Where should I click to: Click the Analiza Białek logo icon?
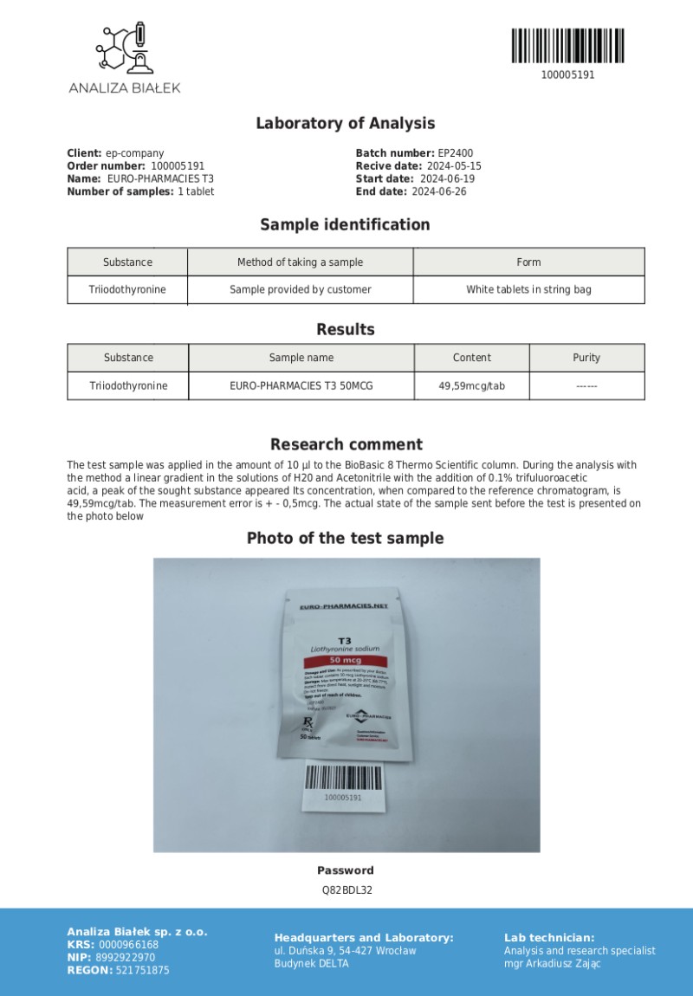click(x=124, y=49)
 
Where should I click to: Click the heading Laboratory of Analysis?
click(x=345, y=124)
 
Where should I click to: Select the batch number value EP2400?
click(x=456, y=153)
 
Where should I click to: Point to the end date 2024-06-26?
click(x=438, y=191)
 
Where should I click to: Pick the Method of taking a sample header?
click(x=300, y=262)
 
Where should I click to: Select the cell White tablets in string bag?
click(x=528, y=289)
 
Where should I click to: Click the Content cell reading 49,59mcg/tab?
click(x=471, y=385)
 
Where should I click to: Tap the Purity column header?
click(x=586, y=358)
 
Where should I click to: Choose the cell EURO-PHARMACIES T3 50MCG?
click(x=301, y=385)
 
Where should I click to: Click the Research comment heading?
click(x=346, y=444)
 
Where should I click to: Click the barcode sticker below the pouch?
click(x=343, y=785)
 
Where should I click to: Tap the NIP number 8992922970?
click(x=126, y=957)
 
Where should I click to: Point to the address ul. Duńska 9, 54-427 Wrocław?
click(x=345, y=950)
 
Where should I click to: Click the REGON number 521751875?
click(x=143, y=970)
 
